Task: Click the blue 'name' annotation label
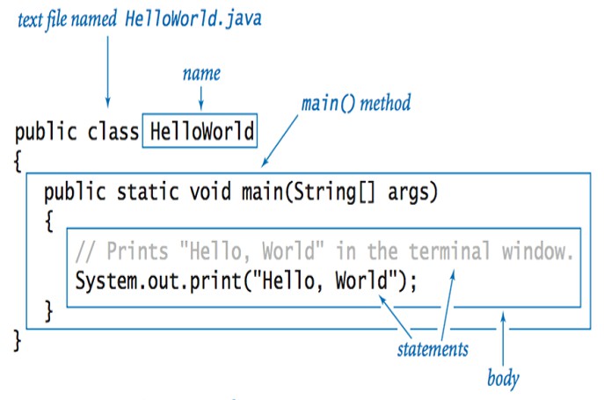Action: (x=200, y=74)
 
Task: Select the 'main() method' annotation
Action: (x=355, y=104)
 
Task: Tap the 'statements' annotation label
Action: (x=432, y=349)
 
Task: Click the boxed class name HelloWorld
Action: (x=201, y=133)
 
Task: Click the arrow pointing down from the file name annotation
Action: (x=107, y=70)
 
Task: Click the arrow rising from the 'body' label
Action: (x=503, y=343)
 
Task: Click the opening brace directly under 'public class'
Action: (x=18, y=162)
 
